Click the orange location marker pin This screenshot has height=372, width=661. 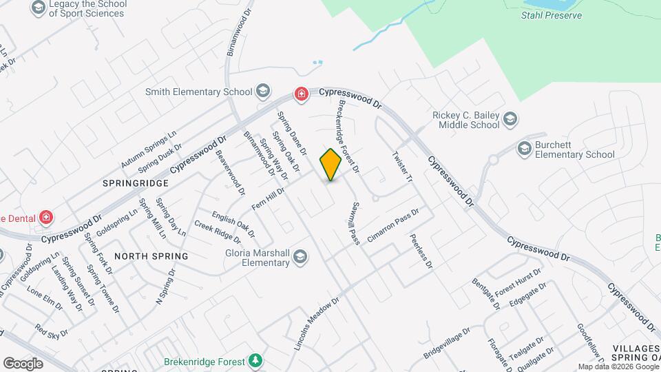point(331,164)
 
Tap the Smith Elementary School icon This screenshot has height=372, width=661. point(262,92)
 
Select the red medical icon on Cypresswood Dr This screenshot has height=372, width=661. point(300,93)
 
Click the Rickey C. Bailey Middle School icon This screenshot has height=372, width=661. point(510,120)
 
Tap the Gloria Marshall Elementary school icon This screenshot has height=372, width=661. point(300,257)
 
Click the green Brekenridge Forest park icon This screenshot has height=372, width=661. point(255,360)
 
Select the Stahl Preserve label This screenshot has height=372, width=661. point(552,15)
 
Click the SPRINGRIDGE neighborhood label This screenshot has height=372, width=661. point(136,184)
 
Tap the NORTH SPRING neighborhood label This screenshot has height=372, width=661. point(151,256)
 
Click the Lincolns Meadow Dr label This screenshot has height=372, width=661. point(317,324)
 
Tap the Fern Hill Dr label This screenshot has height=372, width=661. point(269,199)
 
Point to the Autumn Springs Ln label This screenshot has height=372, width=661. point(149,149)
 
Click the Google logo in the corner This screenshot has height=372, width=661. point(23,363)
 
